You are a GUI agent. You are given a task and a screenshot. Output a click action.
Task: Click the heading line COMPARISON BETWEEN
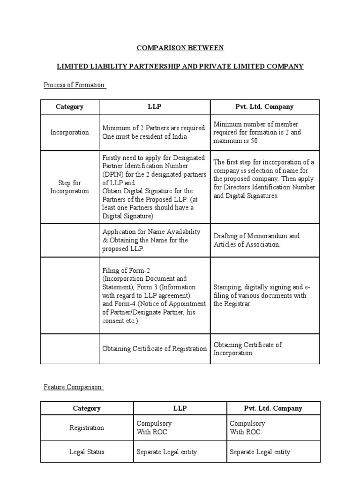click(180, 48)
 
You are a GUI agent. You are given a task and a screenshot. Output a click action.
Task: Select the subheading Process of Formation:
click(75, 85)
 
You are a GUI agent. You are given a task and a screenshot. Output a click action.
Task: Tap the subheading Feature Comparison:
click(74, 387)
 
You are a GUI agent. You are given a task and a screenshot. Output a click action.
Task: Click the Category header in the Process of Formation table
click(69, 106)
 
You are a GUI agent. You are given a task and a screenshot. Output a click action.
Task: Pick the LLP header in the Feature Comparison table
click(180, 408)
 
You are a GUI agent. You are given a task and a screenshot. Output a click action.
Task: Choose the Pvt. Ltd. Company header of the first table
click(264, 106)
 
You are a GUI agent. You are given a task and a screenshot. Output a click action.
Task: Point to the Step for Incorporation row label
click(69, 187)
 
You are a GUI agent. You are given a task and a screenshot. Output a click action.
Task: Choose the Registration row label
click(87, 427)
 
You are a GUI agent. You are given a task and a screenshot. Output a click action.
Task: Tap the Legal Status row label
click(87, 452)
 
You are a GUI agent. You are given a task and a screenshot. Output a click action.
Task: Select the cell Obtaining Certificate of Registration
click(154, 348)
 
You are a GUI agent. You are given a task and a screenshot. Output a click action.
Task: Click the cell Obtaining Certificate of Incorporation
click(247, 349)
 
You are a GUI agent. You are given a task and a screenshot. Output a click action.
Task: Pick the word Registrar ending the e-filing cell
click(238, 304)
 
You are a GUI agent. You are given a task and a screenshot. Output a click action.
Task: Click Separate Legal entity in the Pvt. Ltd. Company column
click(260, 452)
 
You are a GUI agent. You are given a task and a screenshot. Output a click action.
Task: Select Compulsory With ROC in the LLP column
click(154, 427)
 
